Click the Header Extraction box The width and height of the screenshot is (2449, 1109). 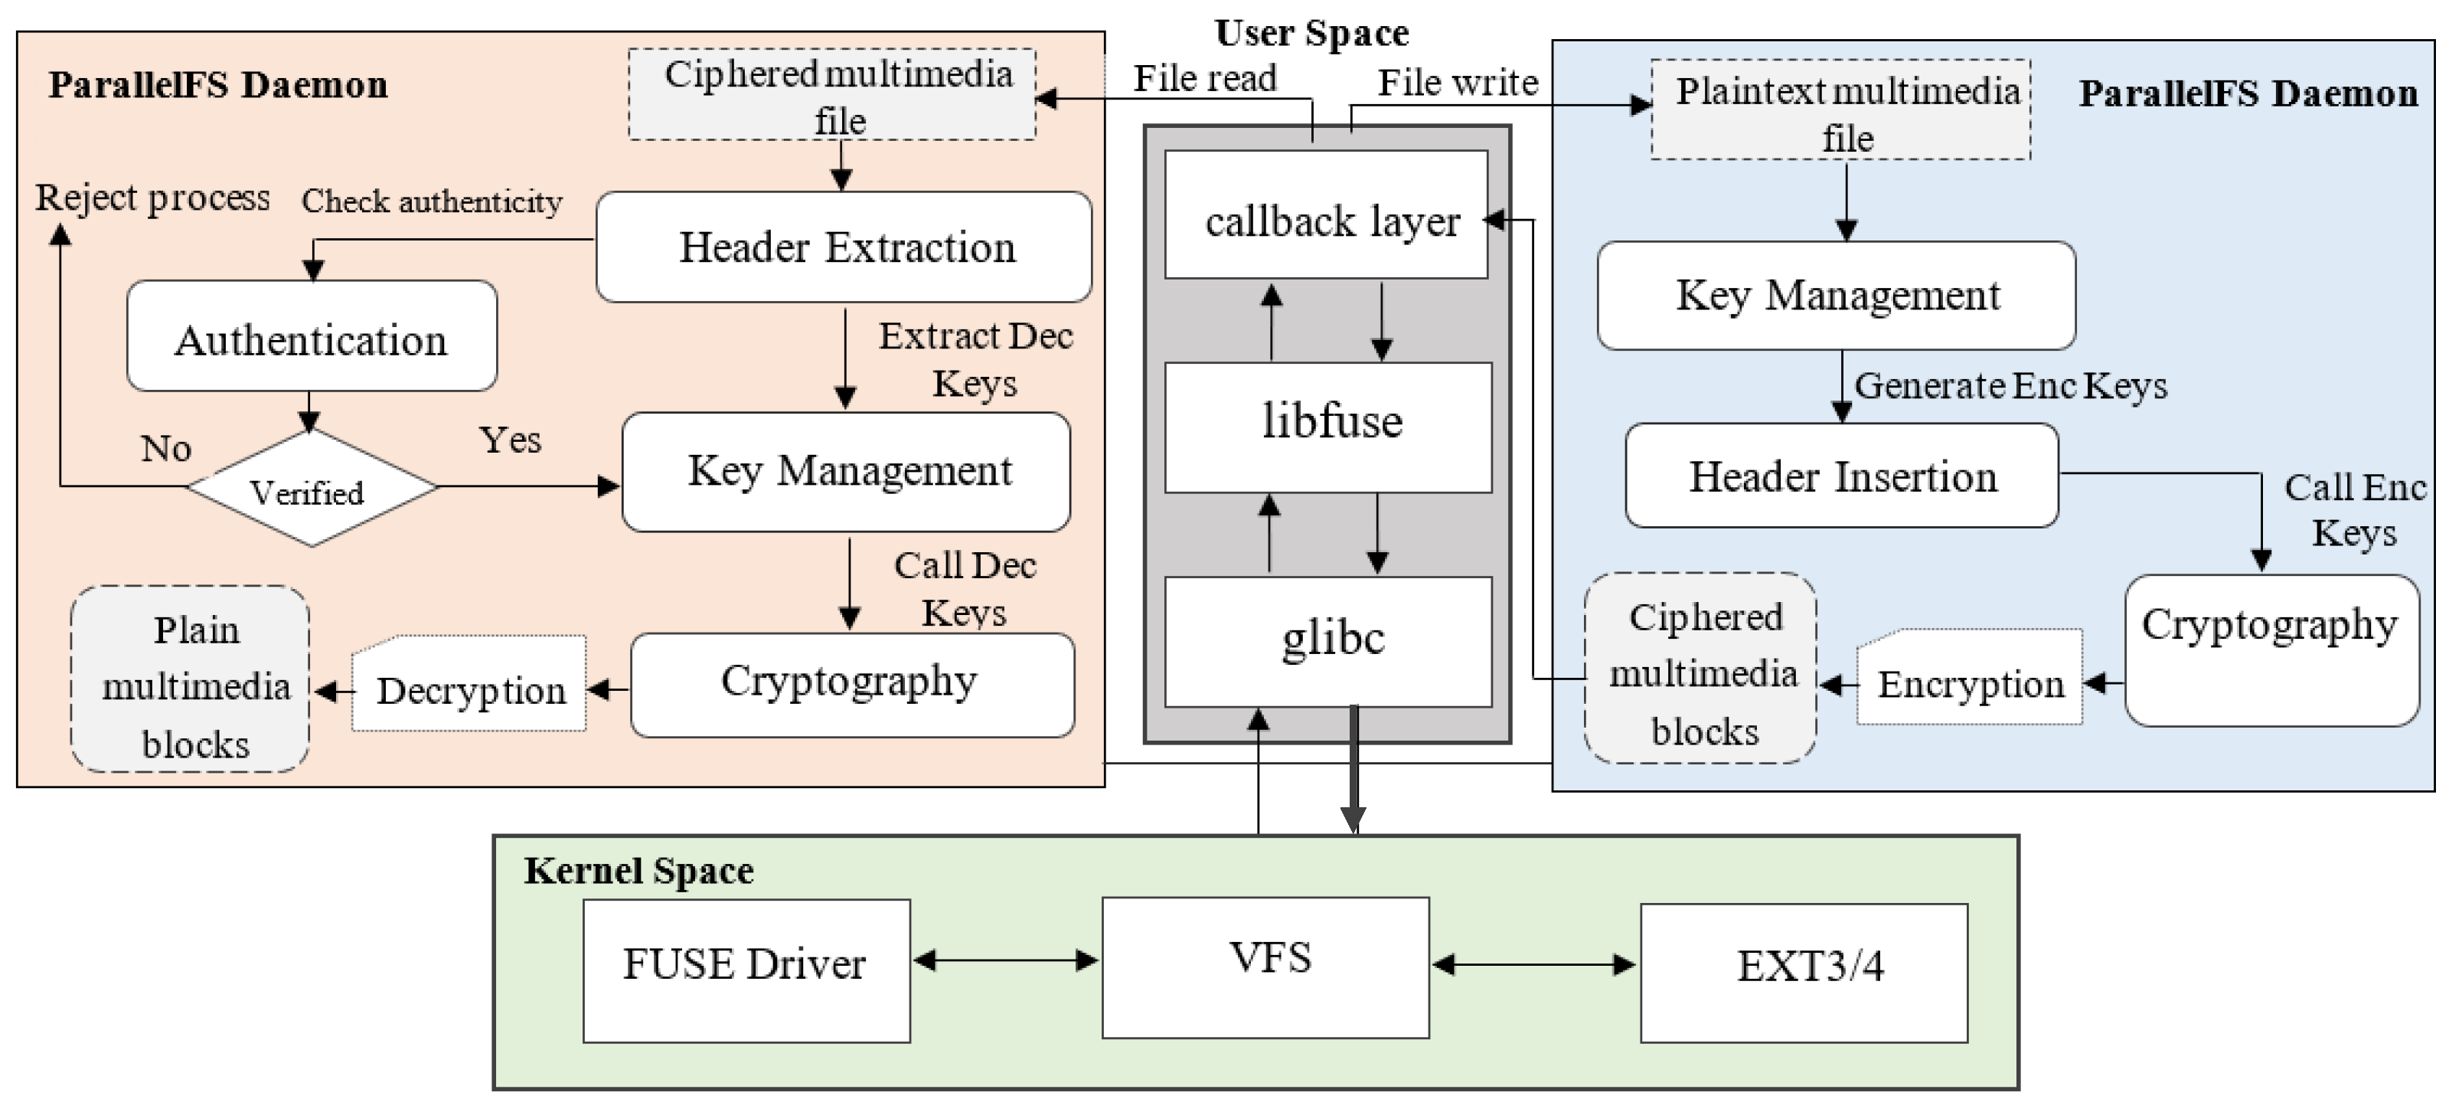pos(844,247)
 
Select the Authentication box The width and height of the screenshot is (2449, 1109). pos(312,337)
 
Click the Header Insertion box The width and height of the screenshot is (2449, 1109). pos(1841,476)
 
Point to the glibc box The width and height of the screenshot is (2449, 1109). pos(1328,641)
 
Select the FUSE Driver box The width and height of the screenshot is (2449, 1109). pos(746,970)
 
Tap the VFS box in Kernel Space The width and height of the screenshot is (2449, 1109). pos(1265,967)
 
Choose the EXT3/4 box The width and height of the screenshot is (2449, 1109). pos(1804,972)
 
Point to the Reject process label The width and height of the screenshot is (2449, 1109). pos(152,198)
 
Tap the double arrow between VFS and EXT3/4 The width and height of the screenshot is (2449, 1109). pos(1533,964)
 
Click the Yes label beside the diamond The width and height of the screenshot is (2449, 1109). pos(511,440)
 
